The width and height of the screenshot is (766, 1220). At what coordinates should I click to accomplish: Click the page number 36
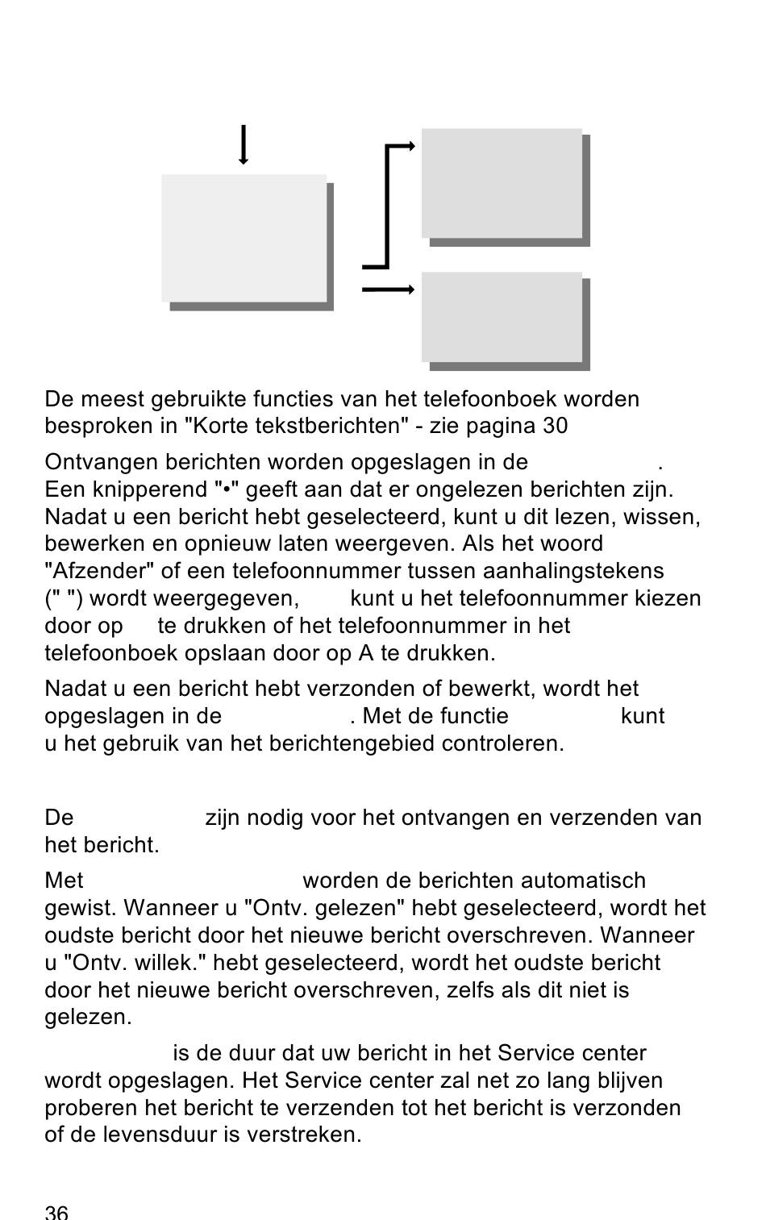click(56, 1212)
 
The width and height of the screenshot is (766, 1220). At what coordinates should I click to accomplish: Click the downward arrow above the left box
click(244, 145)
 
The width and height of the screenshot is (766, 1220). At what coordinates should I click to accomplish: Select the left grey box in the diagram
click(244, 238)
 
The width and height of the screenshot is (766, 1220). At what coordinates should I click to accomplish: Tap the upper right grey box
click(502, 183)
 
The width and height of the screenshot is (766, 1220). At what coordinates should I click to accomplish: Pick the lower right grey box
click(502, 317)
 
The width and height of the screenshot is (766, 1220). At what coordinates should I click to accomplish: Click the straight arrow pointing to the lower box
click(388, 289)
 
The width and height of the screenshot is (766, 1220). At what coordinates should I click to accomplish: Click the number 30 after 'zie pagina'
click(555, 426)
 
